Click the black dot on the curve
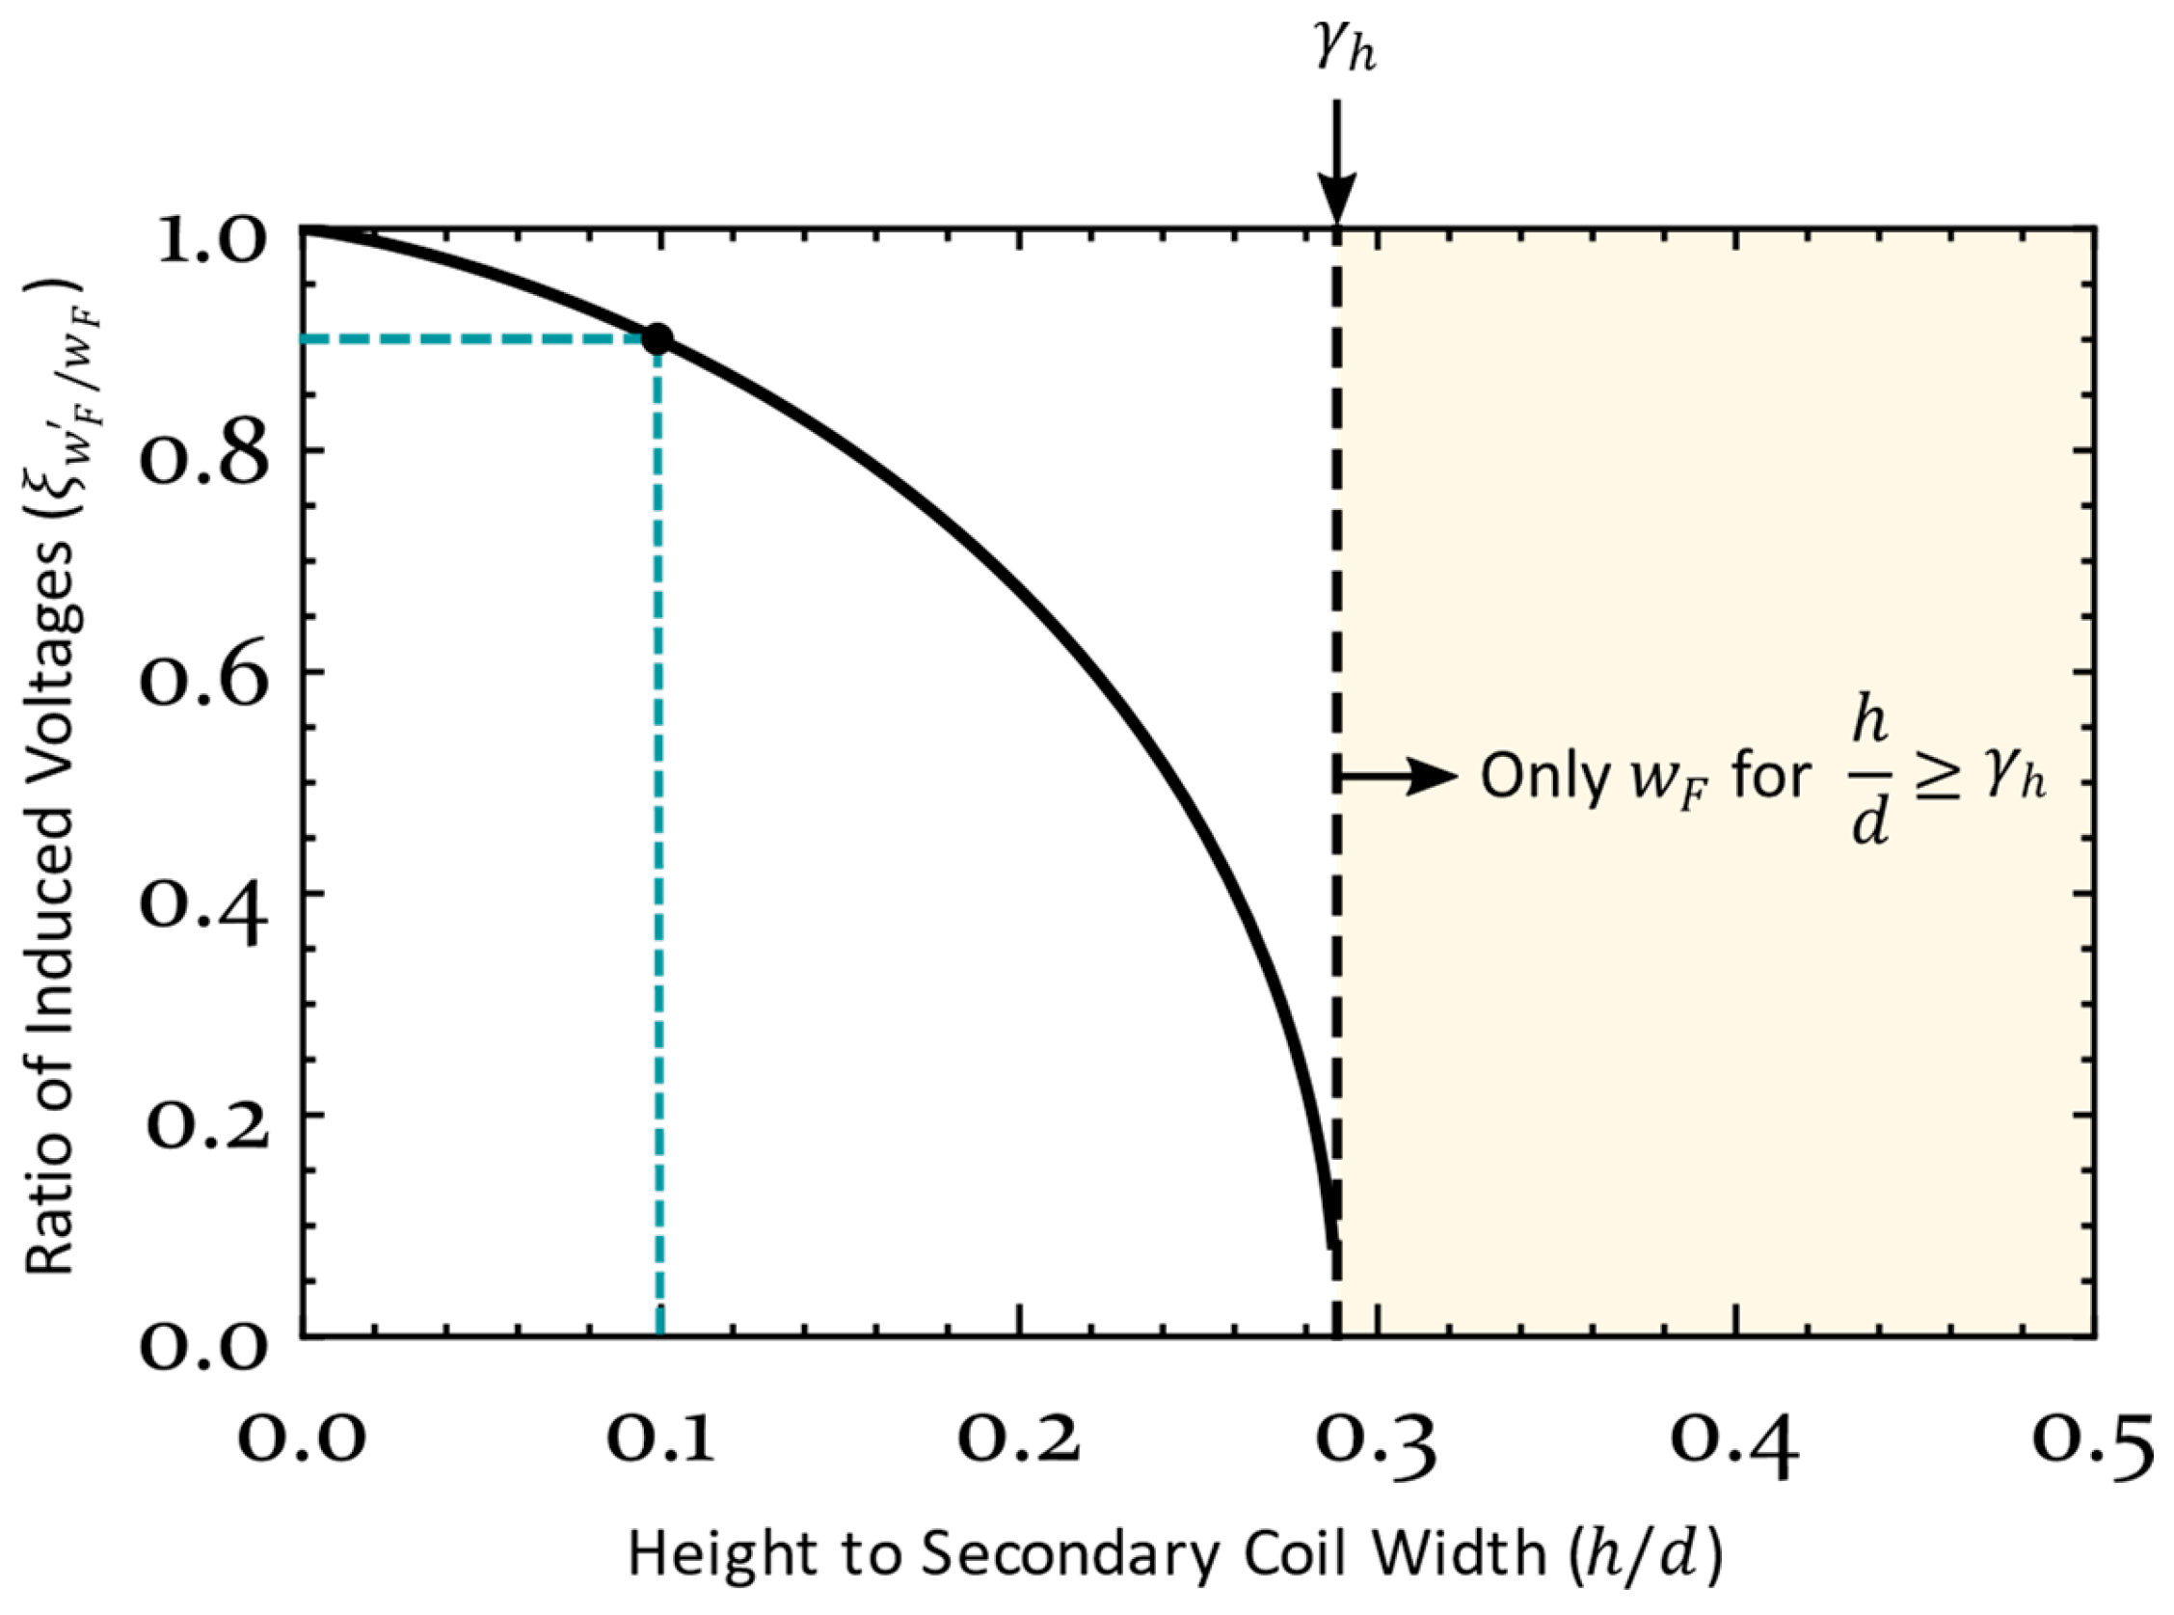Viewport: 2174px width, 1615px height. [x=658, y=338]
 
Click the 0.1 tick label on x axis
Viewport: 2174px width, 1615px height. [x=660, y=1440]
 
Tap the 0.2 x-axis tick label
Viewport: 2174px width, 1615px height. [x=1020, y=1440]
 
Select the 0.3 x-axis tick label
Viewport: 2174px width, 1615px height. [x=1378, y=1440]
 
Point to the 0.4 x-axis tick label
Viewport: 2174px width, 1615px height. [x=1735, y=1440]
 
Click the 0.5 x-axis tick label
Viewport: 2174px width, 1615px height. [x=2092, y=1440]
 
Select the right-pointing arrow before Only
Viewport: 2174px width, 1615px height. [x=1398, y=778]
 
